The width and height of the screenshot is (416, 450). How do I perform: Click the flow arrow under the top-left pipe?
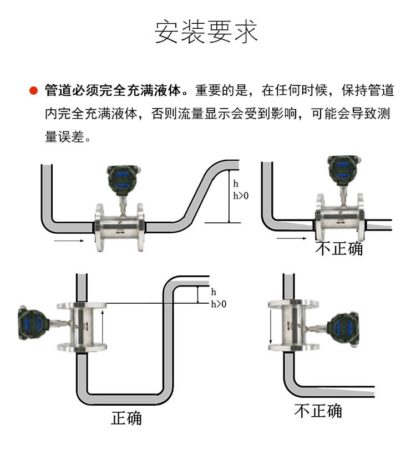69,241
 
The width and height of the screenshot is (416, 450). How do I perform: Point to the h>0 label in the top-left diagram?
241,196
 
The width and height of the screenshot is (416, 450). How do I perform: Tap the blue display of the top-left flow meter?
122,178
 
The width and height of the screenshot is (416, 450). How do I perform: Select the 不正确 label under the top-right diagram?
339,249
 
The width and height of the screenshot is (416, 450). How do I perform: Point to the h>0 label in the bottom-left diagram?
219,304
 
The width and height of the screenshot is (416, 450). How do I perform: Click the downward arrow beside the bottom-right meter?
271,327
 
